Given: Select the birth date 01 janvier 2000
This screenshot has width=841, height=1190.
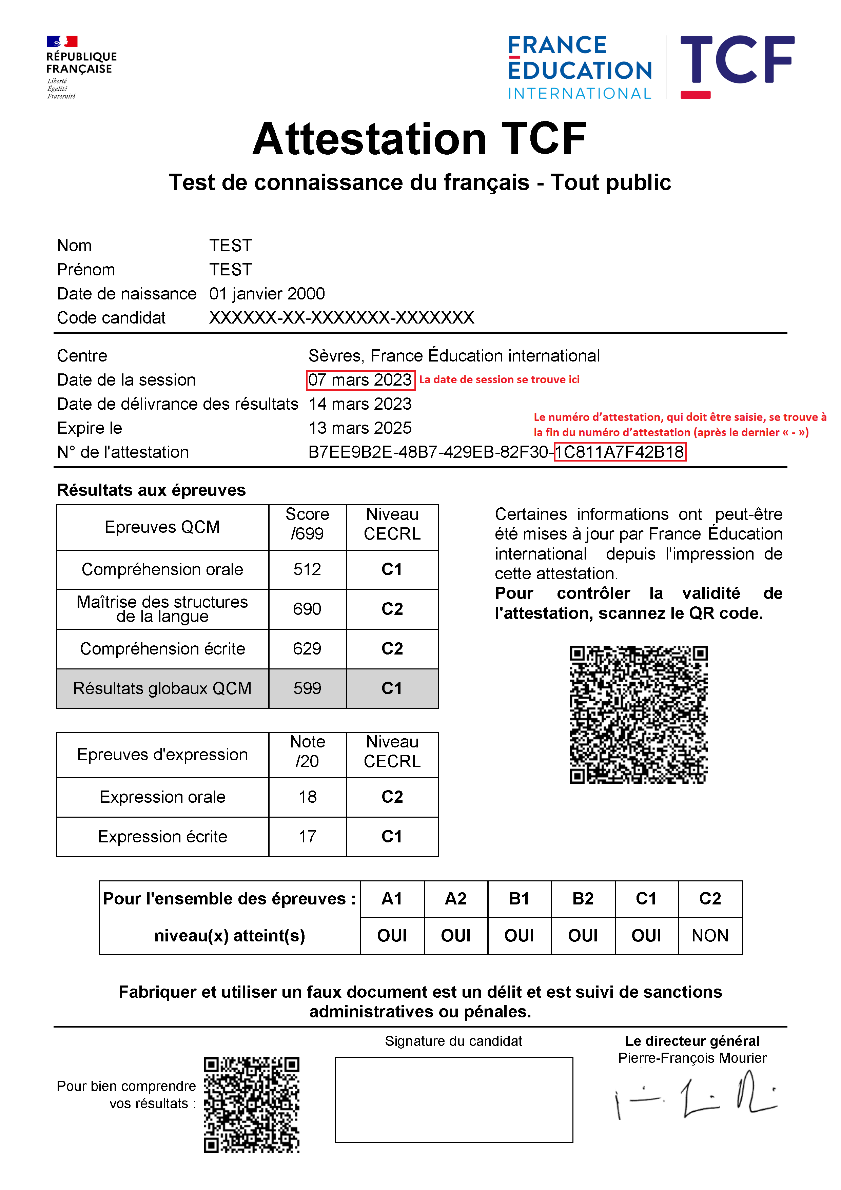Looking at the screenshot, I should tap(267, 294).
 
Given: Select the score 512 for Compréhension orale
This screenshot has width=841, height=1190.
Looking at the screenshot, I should tap(307, 570).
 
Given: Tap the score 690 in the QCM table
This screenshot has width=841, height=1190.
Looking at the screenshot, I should tap(307, 609).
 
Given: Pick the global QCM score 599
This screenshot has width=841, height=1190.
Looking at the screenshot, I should tap(307, 688).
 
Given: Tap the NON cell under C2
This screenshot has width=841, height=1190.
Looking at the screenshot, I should tap(710, 936).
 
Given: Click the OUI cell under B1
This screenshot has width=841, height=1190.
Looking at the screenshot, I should tap(519, 936).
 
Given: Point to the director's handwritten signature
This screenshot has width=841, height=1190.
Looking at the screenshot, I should tap(695, 1099).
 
